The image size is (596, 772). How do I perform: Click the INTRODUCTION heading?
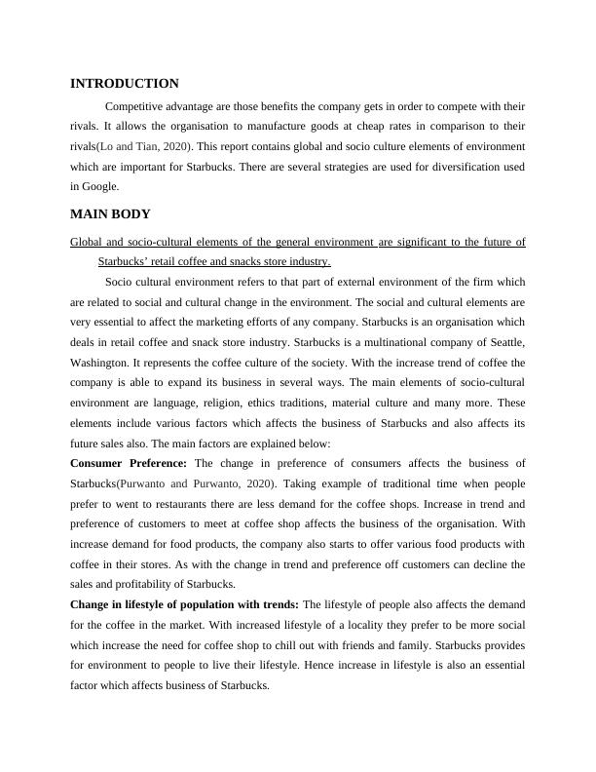tap(124, 84)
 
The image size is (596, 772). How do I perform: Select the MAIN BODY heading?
tap(110, 213)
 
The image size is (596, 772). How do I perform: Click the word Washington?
tap(100, 364)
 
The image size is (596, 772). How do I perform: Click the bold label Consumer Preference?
tap(130, 463)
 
